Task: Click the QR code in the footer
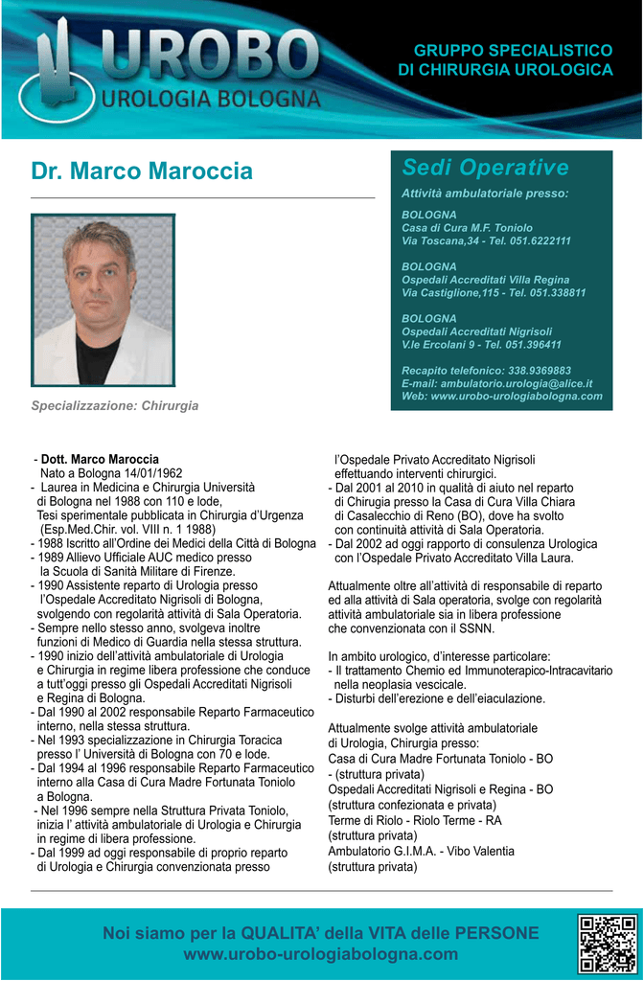tap(607, 944)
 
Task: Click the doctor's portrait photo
tap(103, 300)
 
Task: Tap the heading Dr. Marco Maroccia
tap(142, 171)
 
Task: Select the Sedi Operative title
tap(485, 168)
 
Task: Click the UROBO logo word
tap(211, 56)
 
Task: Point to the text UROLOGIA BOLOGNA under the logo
tap(211, 99)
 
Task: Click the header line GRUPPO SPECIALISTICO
tap(513, 50)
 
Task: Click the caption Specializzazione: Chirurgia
tap(115, 406)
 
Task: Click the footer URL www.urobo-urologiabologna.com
tap(320, 954)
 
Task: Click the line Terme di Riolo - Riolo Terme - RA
tap(414, 821)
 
